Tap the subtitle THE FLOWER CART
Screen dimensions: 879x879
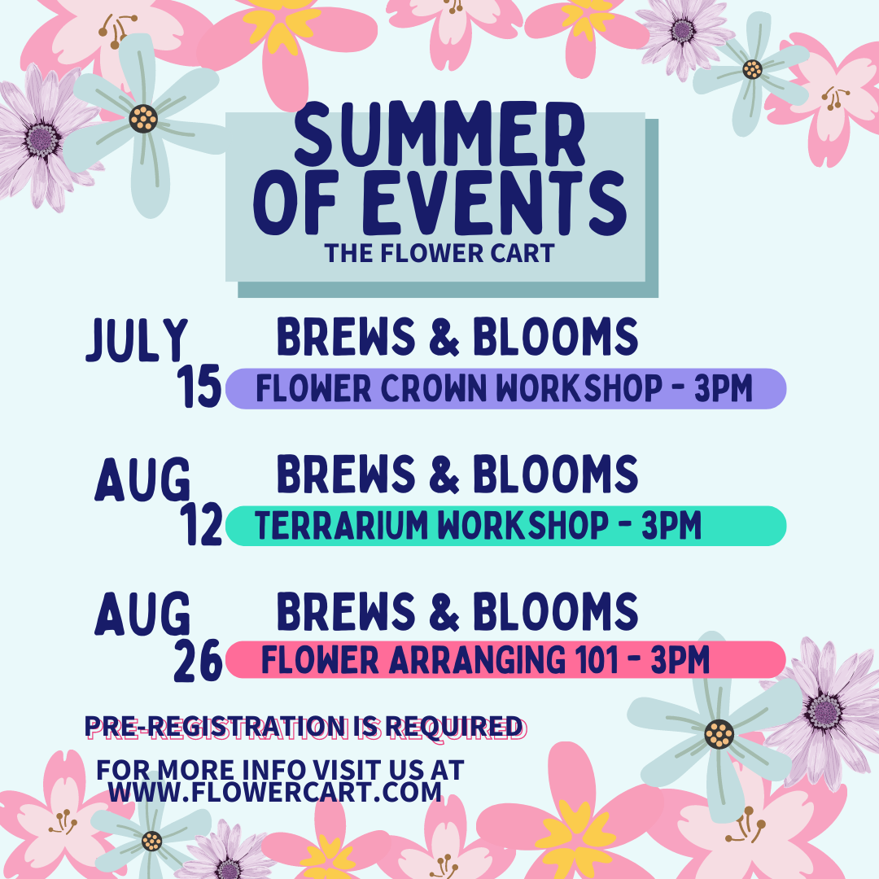pyautogui.click(x=439, y=253)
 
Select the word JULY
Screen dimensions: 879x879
pyautogui.click(x=137, y=339)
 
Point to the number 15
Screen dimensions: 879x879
pyautogui.click(x=199, y=387)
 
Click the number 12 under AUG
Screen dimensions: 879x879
pyautogui.click(x=201, y=525)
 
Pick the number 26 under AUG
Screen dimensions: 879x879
pyautogui.click(x=199, y=661)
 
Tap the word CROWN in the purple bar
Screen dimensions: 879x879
pyautogui.click(x=434, y=388)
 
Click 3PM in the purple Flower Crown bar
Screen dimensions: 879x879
pyautogui.click(x=724, y=388)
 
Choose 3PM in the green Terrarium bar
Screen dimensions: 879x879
pyautogui.click(x=671, y=526)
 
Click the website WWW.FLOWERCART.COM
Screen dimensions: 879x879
pyautogui.click(x=275, y=793)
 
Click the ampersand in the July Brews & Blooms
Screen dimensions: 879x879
pyautogui.click(x=444, y=337)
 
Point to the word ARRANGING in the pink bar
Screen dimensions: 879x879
pyautogui.click(x=477, y=660)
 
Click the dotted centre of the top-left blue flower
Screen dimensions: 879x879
pyautogui.click(x=143, y=119)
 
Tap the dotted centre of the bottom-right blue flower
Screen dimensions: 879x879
pyautogui.click(x=719, y=734)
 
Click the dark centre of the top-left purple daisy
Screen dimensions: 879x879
pyautogui.click(x=42, y=139)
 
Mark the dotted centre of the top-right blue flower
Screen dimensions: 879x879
pyautogui.click(x=752, y=69)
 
